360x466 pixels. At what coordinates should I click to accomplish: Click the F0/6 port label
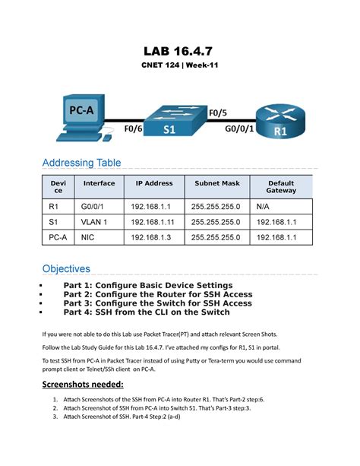coord(133,129)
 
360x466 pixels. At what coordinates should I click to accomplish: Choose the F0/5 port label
coord(217,113)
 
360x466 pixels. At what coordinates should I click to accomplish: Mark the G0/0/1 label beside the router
coord(239,129)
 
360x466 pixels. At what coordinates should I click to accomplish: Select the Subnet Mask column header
coord(216,183)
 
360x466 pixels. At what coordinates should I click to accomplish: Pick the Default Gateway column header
coord(281,187)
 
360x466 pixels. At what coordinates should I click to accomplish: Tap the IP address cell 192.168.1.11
coord(155,222)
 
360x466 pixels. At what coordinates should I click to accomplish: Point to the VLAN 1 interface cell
coord(95,222)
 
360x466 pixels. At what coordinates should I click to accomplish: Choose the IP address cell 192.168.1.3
coord(153,239)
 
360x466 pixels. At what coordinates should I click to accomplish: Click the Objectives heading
coord(66,268)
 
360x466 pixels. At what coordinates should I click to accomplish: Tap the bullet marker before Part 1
coord(39,286)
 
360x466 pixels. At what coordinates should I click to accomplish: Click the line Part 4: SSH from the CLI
coord(147,312)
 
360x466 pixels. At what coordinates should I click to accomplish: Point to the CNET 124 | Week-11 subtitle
coord(179,67)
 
